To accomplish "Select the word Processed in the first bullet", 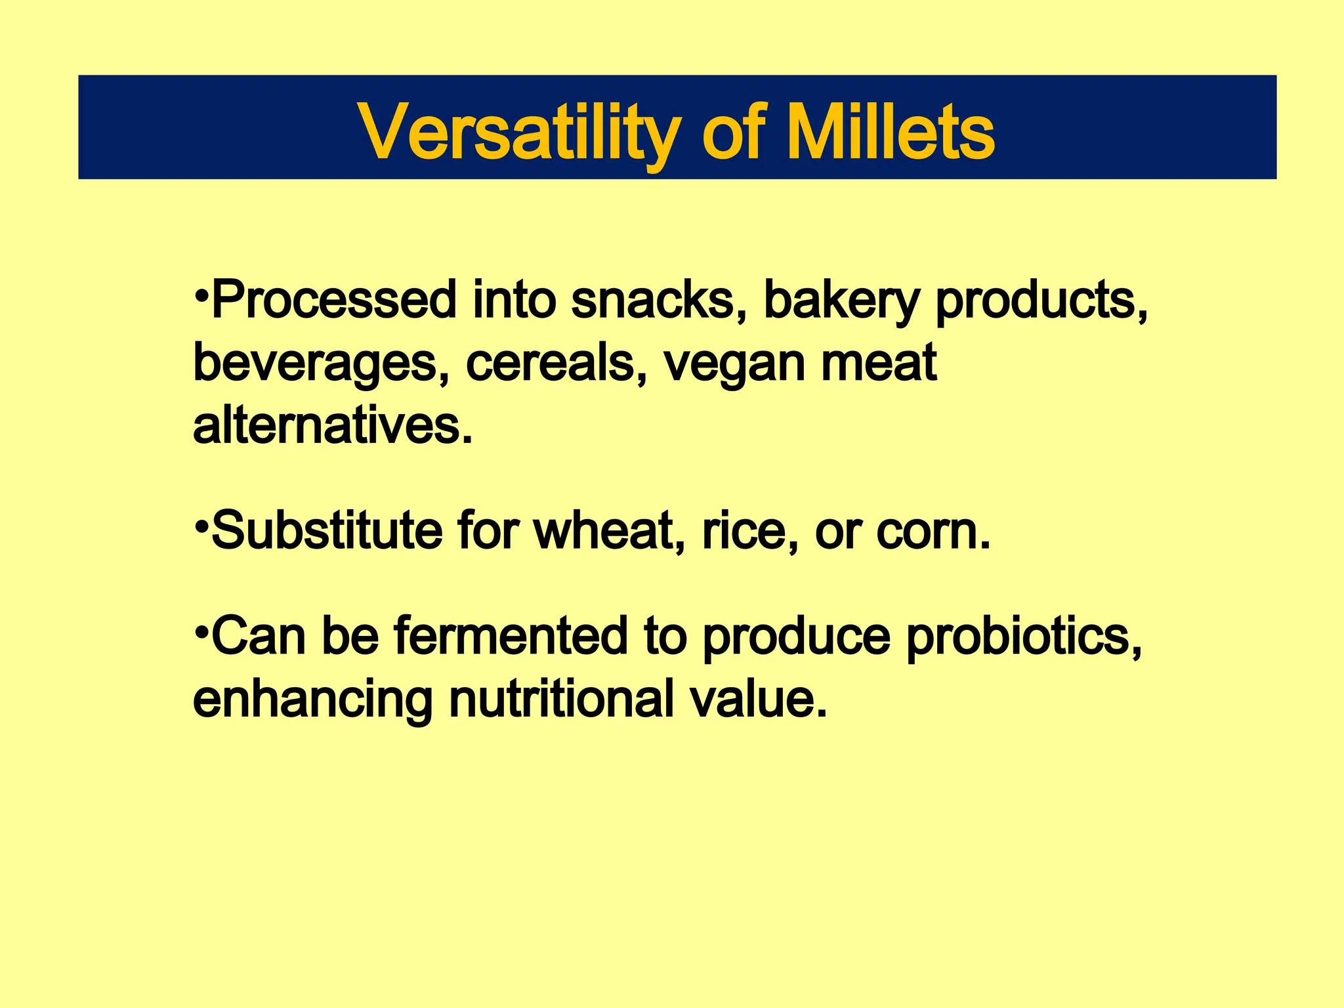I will click(333, 300).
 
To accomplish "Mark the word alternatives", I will click(331, 426).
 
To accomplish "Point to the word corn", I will click(932, 532).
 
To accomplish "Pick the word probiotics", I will click(1023, 637).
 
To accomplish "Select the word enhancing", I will click(312, 700).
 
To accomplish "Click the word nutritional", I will click(561, 699).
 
